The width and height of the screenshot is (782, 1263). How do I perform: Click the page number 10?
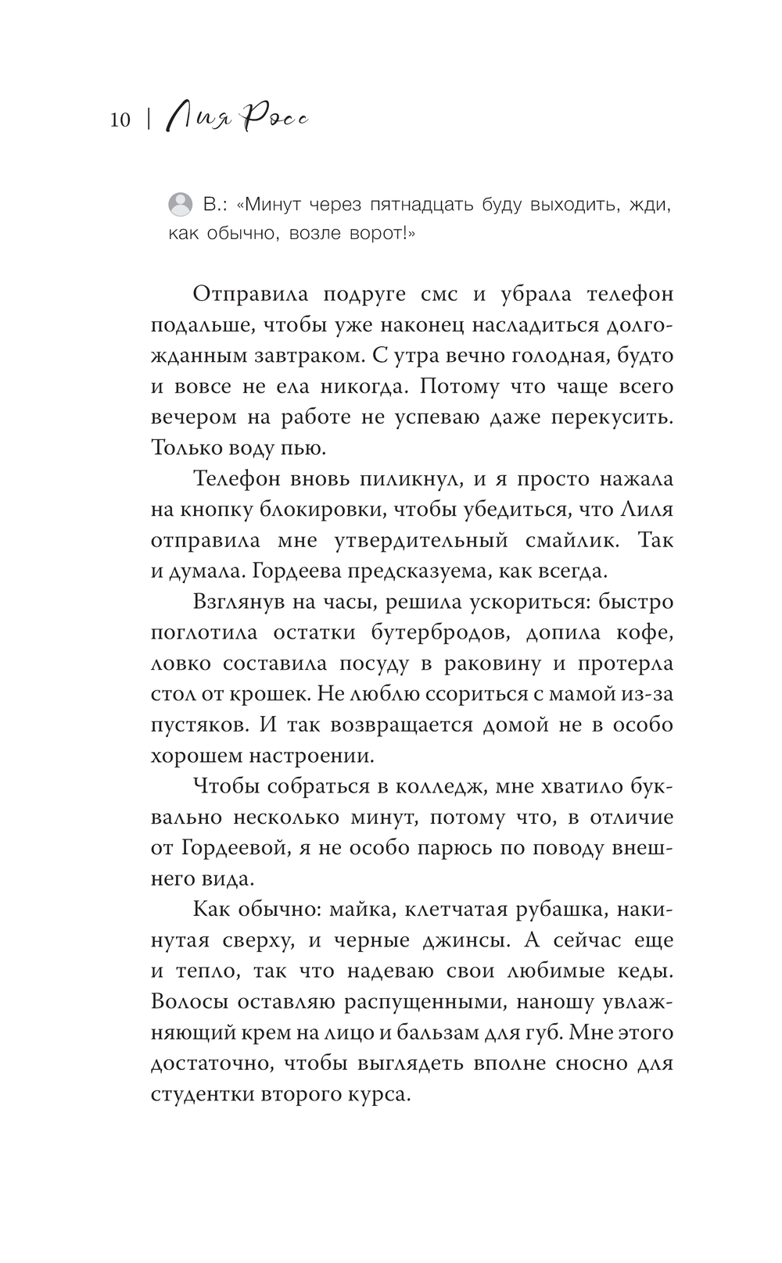point(120,120)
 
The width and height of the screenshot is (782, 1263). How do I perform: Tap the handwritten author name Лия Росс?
point(238,118)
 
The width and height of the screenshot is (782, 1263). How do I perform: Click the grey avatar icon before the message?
point(180,205)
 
